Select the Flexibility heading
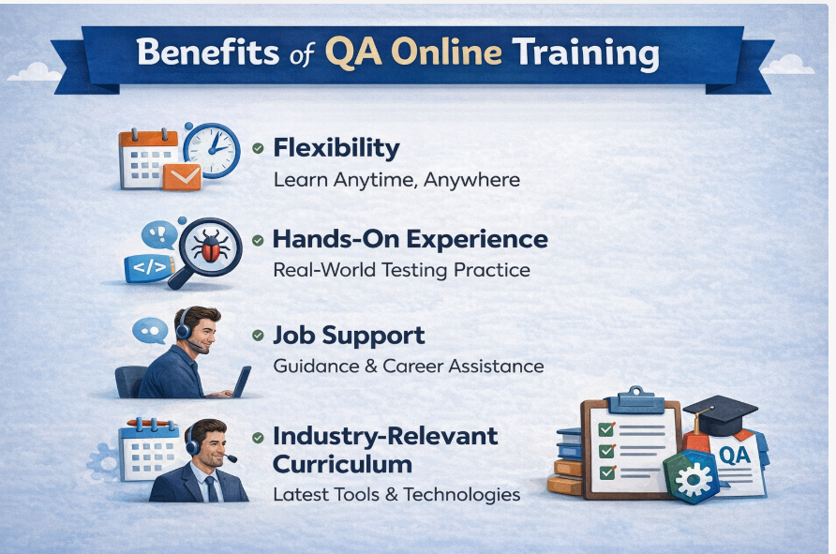336,148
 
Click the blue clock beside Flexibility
211,148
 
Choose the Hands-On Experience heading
410,239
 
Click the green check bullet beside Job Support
258,336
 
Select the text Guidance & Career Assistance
408,366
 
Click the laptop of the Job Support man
240,382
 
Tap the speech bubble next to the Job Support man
149,330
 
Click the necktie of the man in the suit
212,487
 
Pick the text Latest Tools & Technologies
396,494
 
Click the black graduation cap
719,412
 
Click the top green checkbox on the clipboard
605,429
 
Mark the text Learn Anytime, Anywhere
396,179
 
